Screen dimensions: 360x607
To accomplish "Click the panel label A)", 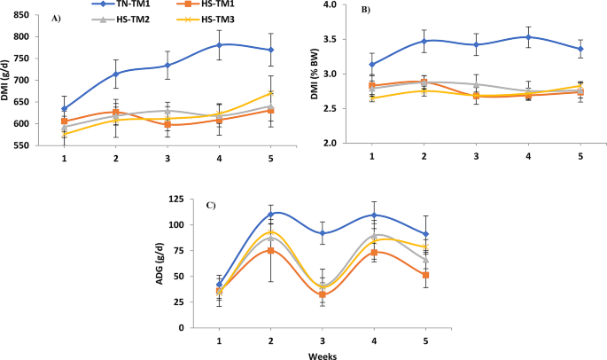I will click(57, 18).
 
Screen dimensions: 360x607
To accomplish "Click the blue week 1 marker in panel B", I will click(372, 64).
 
